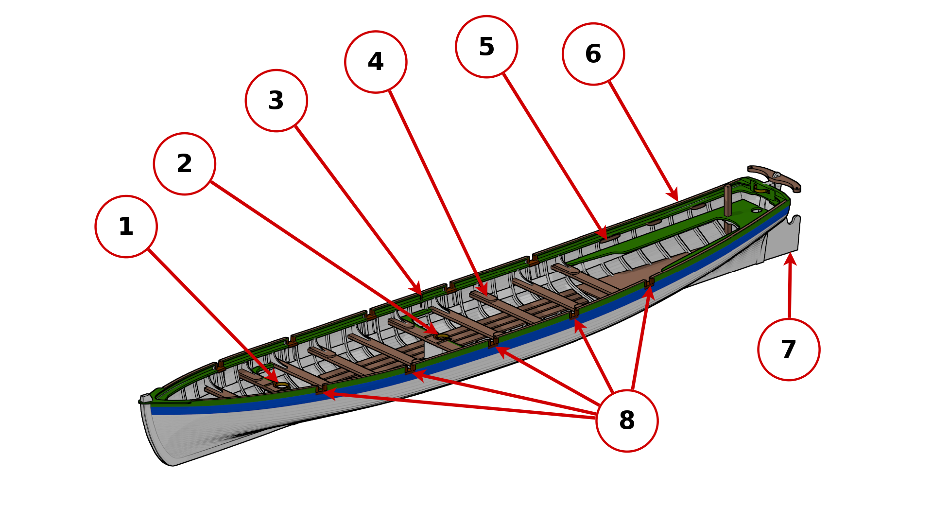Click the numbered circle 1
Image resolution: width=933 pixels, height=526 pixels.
126,227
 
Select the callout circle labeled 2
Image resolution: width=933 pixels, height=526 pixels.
184,164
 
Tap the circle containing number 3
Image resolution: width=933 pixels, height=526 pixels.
276,101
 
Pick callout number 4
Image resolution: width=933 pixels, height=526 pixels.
376,62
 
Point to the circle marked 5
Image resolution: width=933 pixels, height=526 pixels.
486,47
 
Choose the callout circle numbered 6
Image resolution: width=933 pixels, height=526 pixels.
593,54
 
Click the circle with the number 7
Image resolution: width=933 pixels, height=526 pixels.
788,350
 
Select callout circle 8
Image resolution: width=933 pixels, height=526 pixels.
627,421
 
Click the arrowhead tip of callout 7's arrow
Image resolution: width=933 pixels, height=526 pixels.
790,254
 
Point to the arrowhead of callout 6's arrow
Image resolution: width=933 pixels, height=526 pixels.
677,200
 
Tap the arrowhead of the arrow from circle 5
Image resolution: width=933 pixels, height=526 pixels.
605,238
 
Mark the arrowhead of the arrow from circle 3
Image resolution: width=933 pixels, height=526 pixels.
420,294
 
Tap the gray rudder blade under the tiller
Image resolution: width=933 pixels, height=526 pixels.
782,238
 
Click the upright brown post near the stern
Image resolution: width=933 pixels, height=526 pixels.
727,200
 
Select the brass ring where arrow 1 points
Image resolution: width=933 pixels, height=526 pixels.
281,385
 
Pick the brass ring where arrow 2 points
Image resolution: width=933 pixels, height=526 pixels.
442,336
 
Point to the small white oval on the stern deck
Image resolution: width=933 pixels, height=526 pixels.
756,210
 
